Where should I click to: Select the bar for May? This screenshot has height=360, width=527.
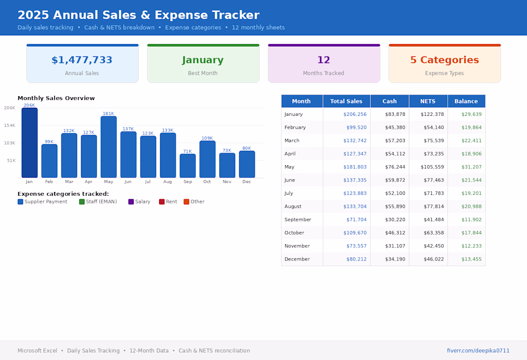pos(109,147)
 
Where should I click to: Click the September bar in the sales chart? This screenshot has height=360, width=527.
pos(187,166)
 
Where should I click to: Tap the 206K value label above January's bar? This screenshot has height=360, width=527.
pos(29,105)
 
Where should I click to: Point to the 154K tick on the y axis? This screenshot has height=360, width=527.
pos(10,125)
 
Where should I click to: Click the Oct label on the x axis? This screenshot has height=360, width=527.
pos(207,182)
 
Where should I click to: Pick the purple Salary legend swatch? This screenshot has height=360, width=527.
pos(131,202)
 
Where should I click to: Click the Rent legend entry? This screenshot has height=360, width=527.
pos(168,202)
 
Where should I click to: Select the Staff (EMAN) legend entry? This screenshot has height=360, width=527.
pos(98,202)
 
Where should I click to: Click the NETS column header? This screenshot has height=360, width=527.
pos(428,101)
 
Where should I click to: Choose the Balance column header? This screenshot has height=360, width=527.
pos(466,101)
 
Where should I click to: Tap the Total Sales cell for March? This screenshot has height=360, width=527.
pos(355,140)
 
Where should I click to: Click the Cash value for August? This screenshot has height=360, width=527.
pos(395,206)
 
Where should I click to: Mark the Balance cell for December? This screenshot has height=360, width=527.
pos(471,259)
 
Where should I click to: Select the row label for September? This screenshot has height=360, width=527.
pos(298,219)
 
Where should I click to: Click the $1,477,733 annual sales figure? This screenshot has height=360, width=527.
pos(82,60)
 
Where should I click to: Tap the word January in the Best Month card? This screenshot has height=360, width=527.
pos(203,60)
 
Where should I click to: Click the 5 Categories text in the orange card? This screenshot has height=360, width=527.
pos(445,60)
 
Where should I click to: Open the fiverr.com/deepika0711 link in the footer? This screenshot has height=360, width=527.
pos(478,350)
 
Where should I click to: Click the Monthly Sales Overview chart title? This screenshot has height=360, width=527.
pos(56,98)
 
